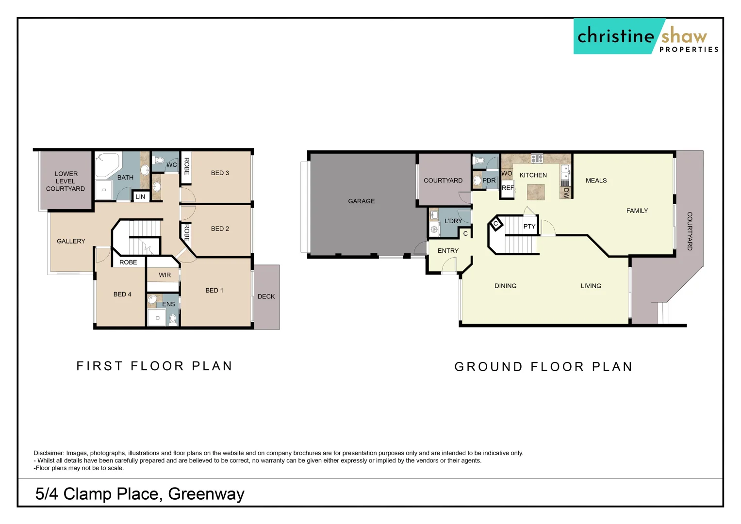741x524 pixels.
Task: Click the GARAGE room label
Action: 361,201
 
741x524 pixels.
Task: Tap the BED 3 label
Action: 220,173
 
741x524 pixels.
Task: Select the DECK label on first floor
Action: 266,296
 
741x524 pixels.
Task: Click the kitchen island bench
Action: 536,192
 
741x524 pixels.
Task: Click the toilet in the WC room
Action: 159,160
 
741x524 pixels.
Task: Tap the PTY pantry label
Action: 529,227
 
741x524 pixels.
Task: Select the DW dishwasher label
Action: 566,193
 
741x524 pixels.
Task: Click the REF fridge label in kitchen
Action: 508,188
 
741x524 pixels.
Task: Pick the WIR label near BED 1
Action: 165,275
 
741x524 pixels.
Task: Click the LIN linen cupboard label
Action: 140,196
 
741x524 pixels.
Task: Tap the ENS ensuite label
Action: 168,304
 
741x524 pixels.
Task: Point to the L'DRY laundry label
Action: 453,221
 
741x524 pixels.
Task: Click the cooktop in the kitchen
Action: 537,158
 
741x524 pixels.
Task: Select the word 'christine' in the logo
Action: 615,36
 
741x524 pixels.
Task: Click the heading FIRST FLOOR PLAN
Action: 155,366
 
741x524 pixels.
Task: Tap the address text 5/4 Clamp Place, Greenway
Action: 140,494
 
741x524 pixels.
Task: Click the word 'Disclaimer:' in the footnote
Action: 49,453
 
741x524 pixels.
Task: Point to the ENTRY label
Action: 448,251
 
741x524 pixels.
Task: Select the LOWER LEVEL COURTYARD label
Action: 66,181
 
